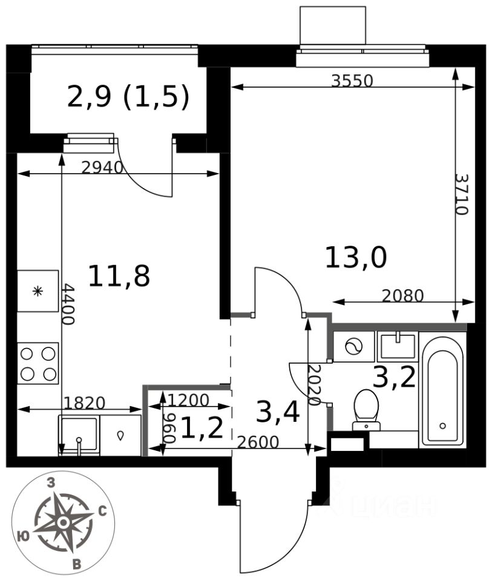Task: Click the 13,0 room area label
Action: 356,258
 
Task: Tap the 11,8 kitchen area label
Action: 119,276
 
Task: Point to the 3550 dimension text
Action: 352,80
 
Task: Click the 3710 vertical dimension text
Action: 462,194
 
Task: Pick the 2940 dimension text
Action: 102,168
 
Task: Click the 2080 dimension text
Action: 402,296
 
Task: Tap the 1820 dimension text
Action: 85,403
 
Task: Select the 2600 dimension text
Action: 258,442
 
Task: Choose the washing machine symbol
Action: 354,347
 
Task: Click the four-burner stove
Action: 38,364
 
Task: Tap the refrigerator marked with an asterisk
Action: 38,291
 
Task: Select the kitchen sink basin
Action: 79,435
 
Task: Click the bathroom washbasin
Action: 398,346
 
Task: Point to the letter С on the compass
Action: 102,512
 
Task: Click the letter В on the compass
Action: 77,565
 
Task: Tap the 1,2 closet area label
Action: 202,428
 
